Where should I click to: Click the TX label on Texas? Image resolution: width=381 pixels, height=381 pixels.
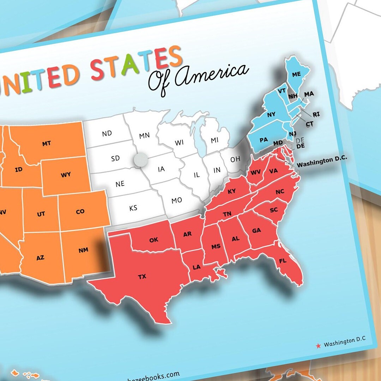142,277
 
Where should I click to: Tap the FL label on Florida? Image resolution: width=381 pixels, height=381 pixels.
283,261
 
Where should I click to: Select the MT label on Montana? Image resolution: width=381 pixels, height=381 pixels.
46,144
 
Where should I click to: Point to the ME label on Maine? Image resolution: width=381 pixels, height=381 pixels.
296,74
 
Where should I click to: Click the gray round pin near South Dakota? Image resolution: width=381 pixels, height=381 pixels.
140,160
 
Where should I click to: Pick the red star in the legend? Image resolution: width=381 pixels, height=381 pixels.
318,346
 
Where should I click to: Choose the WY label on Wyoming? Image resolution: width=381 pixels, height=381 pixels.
66,175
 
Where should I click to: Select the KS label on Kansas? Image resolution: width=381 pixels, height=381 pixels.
133,208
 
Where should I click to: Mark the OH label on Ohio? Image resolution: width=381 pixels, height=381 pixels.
235,159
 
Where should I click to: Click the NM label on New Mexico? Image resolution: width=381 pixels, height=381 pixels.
83,250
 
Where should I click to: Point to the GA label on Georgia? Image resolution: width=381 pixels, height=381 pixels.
256,230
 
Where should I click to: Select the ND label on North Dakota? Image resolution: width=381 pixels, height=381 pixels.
107,133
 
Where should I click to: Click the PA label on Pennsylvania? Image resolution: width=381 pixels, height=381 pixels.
264,140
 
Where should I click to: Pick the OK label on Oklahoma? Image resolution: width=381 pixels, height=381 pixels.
153,240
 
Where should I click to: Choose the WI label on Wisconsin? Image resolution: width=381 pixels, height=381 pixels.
179,143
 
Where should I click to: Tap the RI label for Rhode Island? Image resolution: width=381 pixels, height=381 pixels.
316,114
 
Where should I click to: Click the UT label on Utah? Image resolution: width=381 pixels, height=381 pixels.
41,214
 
